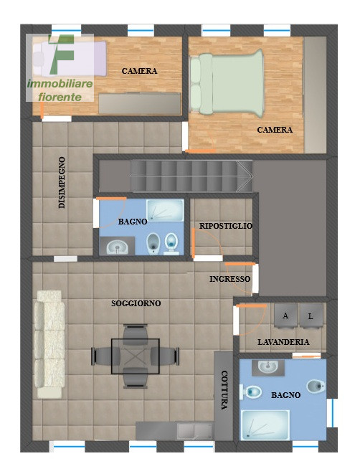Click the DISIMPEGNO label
pyautogui.click(x=62, y=182)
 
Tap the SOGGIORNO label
pyautogui.click(x=136, y=303)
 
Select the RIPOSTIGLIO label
pyautogui.click(x=226, y=226)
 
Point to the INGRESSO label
pyautogui.click(x=230, y=279)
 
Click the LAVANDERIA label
pyautogui.click(x=283, y=342)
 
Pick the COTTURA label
pyautogui.click(x=224, y=390)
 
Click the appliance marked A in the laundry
pyautogui.click(x=285, y=316)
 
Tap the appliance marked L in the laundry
pyautogui.click(x=311, y=316)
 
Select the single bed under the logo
pyautogui.click(x=70, y=59)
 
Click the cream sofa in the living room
pyautogui.click(x=49, y=345)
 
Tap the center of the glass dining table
pyautogui.click(x=136, y=356)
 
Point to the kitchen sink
pyautogui.click(x=195, y=430)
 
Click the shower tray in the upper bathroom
pyautogui.click(x=165, y=210)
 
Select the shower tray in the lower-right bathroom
pyautogui.click(x=265, y=425)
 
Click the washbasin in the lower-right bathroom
pyautogui.click(x=267, y=367)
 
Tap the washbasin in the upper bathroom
pyautogui.click(x=118, y=247)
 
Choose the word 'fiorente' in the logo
pyautogui.click(x=60, y=97)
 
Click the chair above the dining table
pyautogui.click(x=136, y=333)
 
